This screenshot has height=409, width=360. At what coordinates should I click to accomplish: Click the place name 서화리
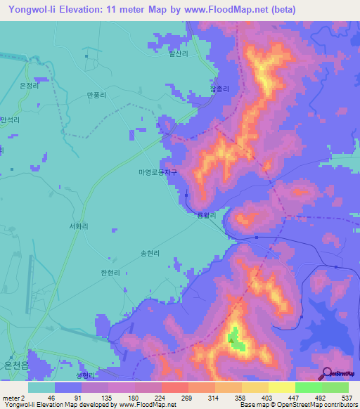click(x=78, y=226)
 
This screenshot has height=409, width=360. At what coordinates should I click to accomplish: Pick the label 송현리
click(x=150, y=253)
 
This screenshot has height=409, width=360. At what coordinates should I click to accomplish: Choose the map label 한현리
click(x=111, y=273)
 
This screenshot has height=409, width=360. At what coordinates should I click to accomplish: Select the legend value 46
click(x=41, y=397)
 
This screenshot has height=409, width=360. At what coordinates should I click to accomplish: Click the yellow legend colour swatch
click(x=281, y=387)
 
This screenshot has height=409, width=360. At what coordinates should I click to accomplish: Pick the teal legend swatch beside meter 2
click(x=41, y=387)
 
